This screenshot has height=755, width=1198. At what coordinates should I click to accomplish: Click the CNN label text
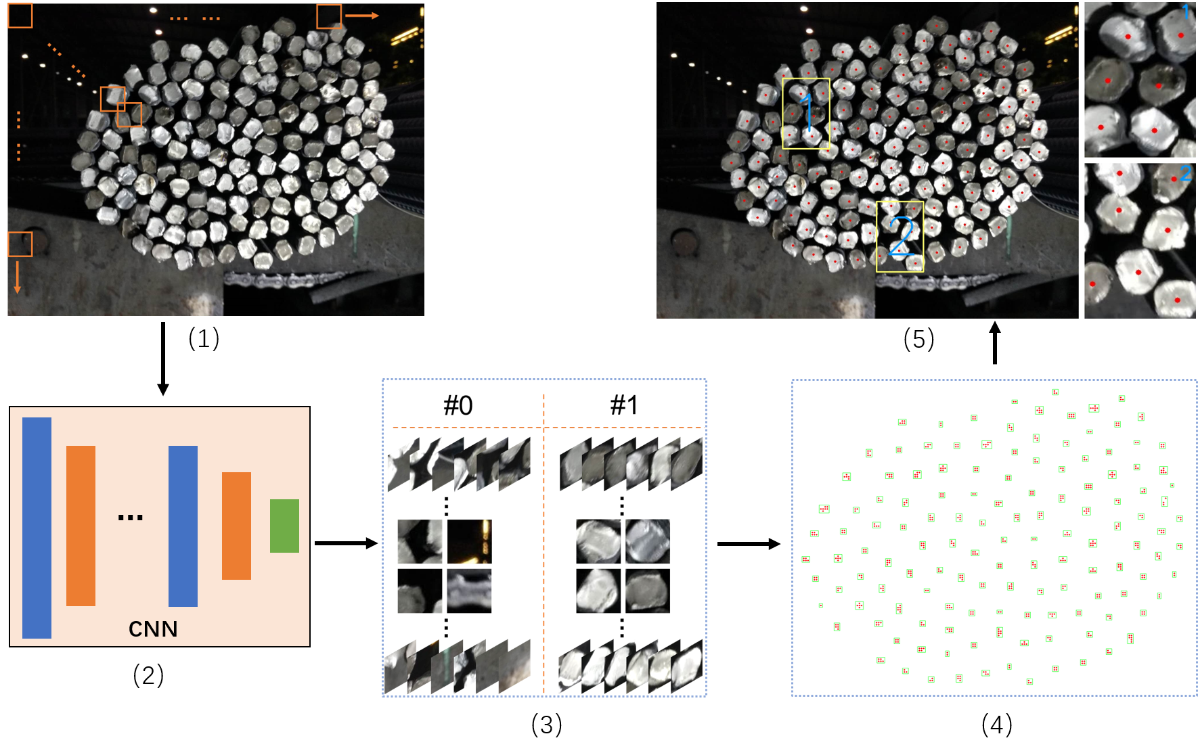point(153,629)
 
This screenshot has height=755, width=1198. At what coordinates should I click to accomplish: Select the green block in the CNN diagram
point(284,526)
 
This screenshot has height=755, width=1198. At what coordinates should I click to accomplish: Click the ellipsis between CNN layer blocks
point(131,518)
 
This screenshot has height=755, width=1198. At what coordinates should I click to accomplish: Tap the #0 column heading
point(458,405)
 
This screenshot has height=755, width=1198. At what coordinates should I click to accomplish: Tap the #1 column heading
point(624,405)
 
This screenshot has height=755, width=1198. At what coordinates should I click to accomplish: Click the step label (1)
point(204,338)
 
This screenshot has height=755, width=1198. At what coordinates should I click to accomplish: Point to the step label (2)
point(148,675)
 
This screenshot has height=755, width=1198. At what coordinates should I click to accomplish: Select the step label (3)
point(547,725)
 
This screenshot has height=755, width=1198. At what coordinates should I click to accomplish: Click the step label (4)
point(997,725)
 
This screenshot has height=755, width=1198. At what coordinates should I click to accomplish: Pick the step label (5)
point(919,339)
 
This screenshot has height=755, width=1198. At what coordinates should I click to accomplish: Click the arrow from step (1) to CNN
point(162,359)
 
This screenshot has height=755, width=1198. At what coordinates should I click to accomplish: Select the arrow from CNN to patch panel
point(346,543)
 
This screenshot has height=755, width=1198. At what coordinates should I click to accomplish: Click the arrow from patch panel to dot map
point(749,543)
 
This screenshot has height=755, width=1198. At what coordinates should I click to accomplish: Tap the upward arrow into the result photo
point(994,342)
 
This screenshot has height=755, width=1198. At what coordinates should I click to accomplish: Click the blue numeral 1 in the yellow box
point(807,112)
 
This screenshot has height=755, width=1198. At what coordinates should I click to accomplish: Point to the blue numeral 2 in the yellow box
point(902,237)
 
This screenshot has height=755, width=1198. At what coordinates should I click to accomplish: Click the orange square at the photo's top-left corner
point(20,16)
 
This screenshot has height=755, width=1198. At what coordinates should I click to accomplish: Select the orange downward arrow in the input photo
point(18,277)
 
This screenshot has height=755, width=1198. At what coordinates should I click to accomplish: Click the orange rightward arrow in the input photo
point(361,16)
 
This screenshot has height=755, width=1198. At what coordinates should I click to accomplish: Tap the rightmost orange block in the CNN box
point(236,526)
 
